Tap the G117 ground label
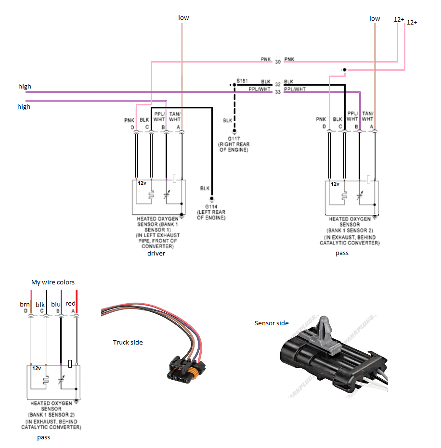[234, 139]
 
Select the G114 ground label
[211, 207]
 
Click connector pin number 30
[278, 62]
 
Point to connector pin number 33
[278, 92]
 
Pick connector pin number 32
[278, 84]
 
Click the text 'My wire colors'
[53, 282]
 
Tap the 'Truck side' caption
[128, 342]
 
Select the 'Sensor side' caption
[272, 323]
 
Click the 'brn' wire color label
[25, 304]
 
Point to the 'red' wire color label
[70, 303]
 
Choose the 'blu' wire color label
[55, 304]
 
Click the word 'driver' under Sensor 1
[156, 253]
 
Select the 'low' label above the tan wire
[183, 17]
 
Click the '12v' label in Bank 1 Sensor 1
[142, 183]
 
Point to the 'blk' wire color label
[40, 304]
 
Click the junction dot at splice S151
[234, 85]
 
